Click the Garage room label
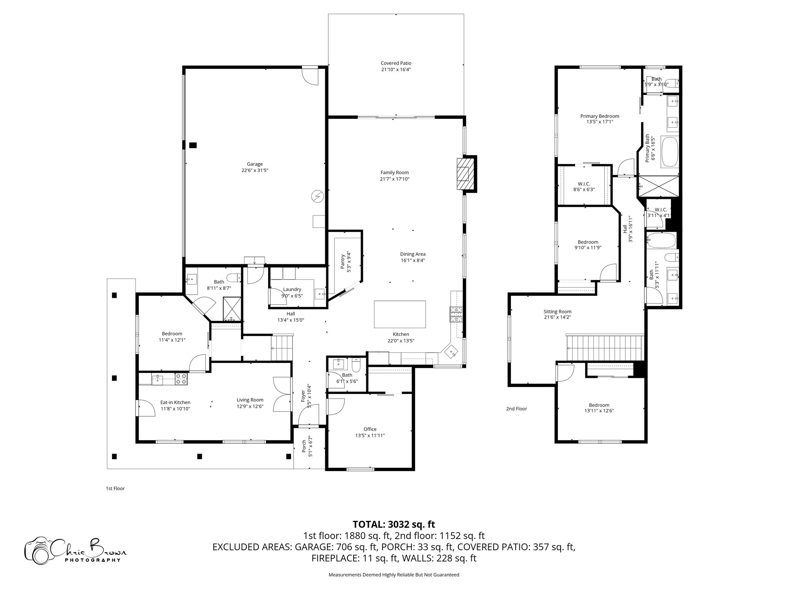coord(255,164)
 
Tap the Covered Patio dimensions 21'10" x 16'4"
coord(396,70)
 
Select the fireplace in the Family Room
coord(466,174)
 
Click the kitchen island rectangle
coord(400,314)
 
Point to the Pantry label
coord(342,262)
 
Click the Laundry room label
coord(292,289)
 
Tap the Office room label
coord(370,429)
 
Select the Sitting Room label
coord(557,312)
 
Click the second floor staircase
coord(604,347)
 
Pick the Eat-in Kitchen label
coord(175,402)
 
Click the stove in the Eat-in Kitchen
coord(181,379)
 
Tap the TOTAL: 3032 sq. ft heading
coord(394,524)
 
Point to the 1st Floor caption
coord(115,489)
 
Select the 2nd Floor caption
coord(516,409)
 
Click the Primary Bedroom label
coord(599,116)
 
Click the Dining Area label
coord(412,254)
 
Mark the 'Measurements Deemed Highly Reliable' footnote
coord(394,575)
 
